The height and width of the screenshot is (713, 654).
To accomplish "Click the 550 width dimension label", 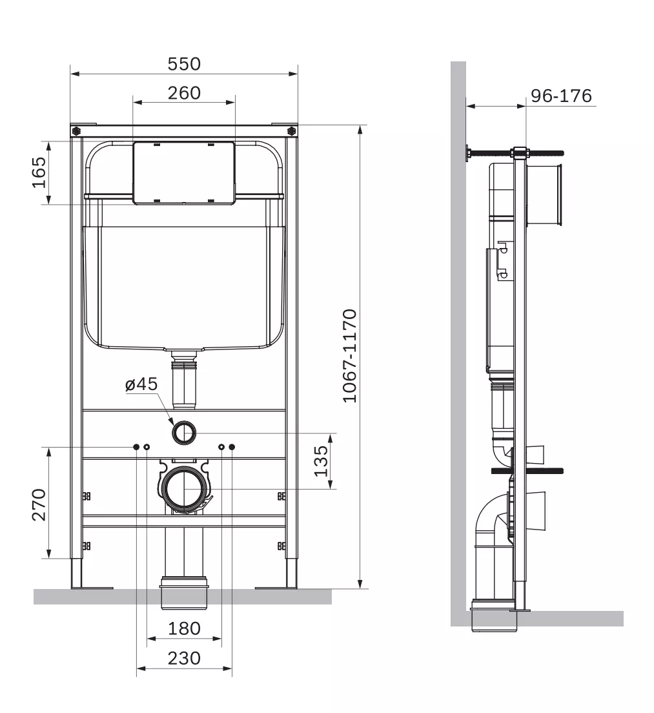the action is (184, 64).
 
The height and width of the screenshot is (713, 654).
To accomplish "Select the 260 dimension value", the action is (184, 93).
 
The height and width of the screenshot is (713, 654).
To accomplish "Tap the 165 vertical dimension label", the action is (39, 172).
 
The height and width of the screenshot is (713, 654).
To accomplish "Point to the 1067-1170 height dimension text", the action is (349, 356).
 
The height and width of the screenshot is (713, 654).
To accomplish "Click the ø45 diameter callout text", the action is (141, 384).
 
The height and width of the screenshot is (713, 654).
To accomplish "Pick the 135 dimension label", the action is (321, 461).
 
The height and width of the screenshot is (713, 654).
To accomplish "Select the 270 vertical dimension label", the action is (39, 504).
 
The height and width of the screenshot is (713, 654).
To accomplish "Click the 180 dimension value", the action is (184, 628).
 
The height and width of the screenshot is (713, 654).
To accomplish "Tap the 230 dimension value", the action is (184, 658).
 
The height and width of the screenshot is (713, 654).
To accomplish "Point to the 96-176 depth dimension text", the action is (561, 96).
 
